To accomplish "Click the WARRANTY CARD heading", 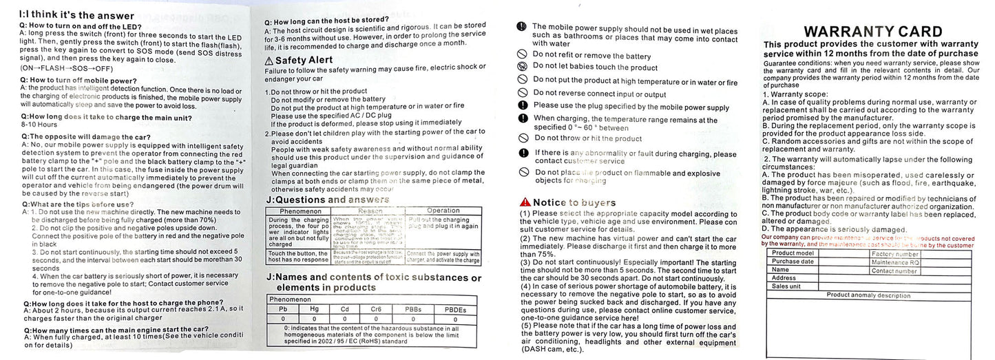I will (872, 32).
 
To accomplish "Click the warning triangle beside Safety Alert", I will (271, 61).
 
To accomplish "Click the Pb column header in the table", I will (282, 310).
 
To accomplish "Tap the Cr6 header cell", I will (376, 310).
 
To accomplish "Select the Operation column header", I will (443, 211).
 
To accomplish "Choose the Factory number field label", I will (895, 253).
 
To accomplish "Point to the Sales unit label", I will (786, 286).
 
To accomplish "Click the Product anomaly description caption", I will (868, 295).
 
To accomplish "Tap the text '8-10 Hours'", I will (39, 125).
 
